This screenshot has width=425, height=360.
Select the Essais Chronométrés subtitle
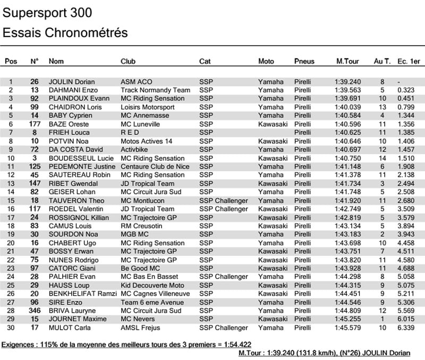tap(65, 32)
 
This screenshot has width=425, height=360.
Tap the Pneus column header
tap(304, 62)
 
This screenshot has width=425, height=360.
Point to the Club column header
tap(128, 62)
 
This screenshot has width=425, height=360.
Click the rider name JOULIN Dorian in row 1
tap(72, 82)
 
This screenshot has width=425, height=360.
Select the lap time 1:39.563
tap(348, 90)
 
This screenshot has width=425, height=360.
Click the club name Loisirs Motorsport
tap(148, 107)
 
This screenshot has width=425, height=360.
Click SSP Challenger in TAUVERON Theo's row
tap(224, 201)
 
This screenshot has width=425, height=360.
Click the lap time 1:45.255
tap(348, 319)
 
